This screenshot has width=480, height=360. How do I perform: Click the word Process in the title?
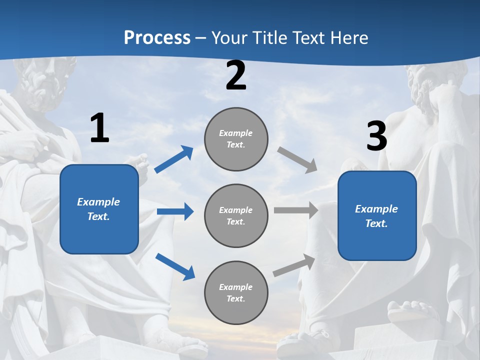coord(157,38)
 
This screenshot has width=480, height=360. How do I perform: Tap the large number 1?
coord(99,128)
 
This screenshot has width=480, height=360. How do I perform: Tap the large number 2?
coord(236,76)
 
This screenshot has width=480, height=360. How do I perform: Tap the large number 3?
coord(376,136)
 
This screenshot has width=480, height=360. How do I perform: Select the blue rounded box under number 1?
coord(99,209)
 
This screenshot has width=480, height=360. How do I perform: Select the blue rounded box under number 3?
coord(377,216)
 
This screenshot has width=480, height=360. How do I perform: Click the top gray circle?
coord(236,139)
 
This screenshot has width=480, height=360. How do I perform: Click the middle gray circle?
coord(236,216)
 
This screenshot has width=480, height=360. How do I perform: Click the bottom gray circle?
coord(236,293)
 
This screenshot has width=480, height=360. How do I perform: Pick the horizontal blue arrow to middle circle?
coord(175,211)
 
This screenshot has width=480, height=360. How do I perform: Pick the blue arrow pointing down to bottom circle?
coord(175,266)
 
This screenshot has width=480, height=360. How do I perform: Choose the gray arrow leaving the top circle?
coord(297,160)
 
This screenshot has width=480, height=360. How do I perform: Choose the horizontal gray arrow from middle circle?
coord(296,210)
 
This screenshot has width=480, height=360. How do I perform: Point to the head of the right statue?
coord(430,85)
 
